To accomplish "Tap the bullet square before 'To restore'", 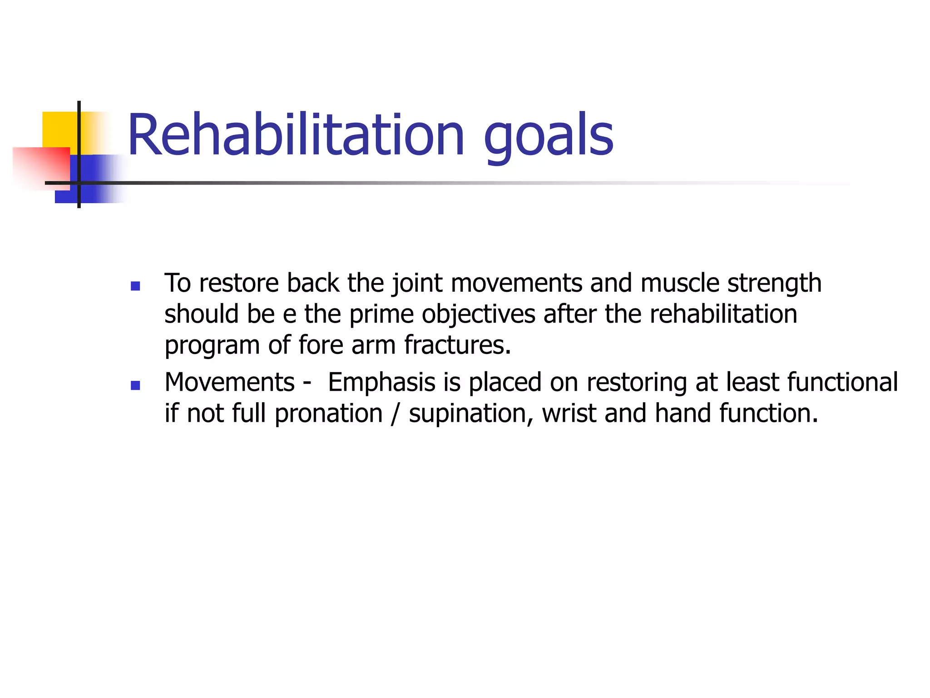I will coord(135,286).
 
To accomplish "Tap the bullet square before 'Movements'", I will coord(135,385).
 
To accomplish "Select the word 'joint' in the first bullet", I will coord(417,284).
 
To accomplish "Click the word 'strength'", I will coord(774,284).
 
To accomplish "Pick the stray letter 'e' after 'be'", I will coord(290,314).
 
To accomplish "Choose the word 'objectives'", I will coord(479,314).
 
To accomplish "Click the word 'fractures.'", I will coord(458,345).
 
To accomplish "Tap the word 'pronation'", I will coord(329,414).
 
